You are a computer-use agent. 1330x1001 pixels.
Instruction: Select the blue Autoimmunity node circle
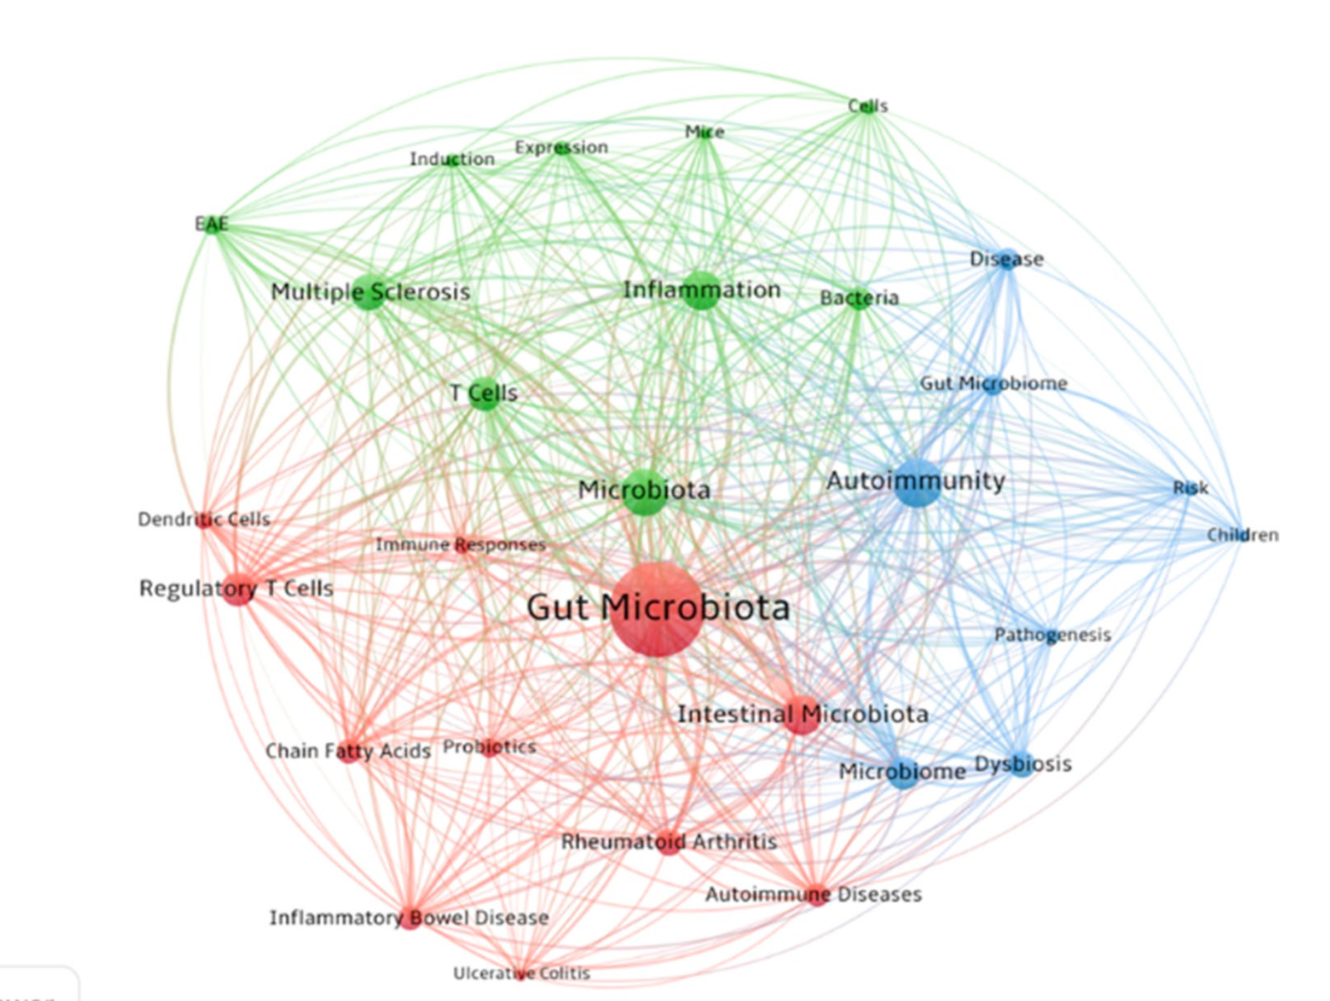pyautogui.click(x=917, y=483)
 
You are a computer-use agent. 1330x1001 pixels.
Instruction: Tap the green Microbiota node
pyautogui.click(x=644, y=492)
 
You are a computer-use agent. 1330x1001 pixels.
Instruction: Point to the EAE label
pyautogui.click(x=212, y=224)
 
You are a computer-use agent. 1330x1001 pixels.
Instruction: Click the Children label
pyautogui.click(x=1242, y=535)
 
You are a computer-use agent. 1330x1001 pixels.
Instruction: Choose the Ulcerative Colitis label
pyautogui.click(x=521, y=973)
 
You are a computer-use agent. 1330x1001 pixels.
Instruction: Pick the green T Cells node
pyautogui.click(x=485, y=394)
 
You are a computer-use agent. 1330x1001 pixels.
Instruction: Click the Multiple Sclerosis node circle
pyautogui.click(x=369, y=292)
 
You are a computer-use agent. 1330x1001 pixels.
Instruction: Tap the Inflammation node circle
pyautogui.click(x=701, y=290)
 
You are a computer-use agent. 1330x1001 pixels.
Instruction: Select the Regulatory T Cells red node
pyautogui.click(x=239, y=588)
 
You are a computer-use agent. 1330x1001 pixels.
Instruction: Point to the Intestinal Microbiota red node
pyautogui.click(x=802, y=714)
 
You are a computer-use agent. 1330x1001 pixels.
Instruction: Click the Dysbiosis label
pyautogui.click(x=1023, y=764)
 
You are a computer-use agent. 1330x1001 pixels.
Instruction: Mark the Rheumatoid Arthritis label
pyautogui.click(x=669, y=842)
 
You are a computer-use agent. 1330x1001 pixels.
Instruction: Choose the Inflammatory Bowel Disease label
pyautogui.click(x=409, y=917)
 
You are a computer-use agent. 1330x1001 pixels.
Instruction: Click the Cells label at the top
pyautogui.click(x=867, y=106)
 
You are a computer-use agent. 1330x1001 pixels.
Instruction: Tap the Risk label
pyautogui.click(x=1190, y=488)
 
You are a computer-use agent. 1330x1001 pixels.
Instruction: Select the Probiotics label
pyautogui.click(x=489, y=747)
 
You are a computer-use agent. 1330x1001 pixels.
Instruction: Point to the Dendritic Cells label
pyautogui.click(x=204, y=519)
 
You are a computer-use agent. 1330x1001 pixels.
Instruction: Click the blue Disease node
pyautogui.click(x=1007, y=260)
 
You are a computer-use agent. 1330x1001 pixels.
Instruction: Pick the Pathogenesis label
pyautogui.click(x=1053, y=635)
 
